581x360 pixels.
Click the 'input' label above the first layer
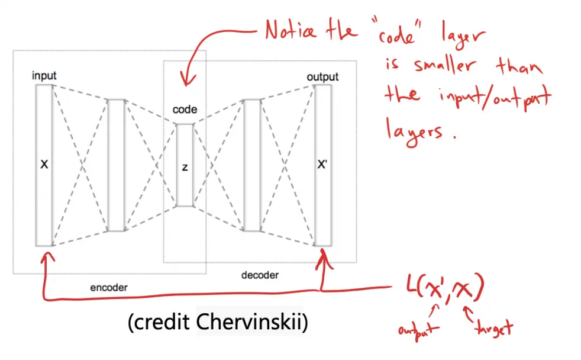45,76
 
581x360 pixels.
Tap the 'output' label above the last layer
322,77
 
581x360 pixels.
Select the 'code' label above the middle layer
185,110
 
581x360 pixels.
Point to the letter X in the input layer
44,165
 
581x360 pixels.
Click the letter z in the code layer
185,167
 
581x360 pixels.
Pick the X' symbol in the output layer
322,165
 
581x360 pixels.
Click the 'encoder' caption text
108,288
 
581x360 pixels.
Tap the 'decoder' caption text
260,275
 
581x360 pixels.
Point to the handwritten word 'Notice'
296,30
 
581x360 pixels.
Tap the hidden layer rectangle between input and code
116,165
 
